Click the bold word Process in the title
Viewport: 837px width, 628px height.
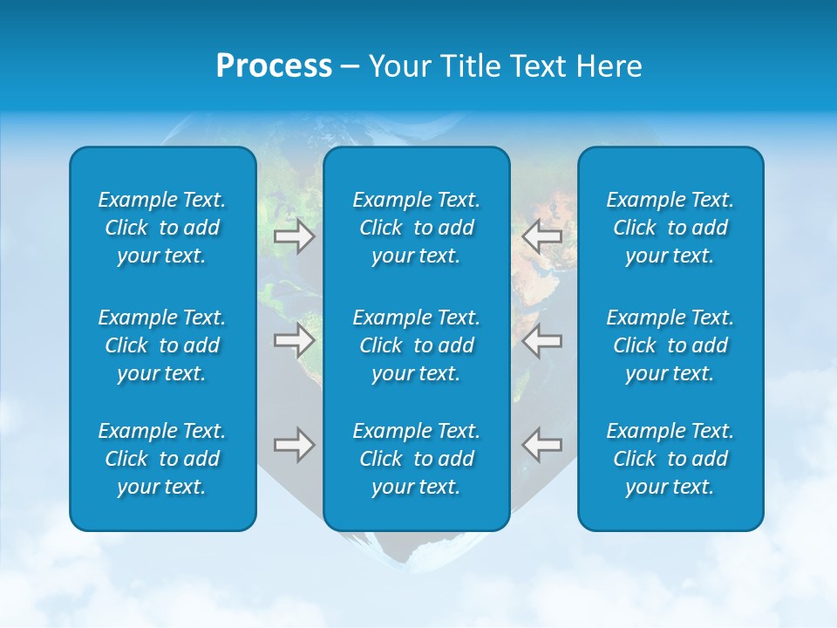(x=274, y=66)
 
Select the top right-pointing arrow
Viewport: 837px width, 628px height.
(x=294, y=236)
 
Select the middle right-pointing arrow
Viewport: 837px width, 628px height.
(x=294, y=340)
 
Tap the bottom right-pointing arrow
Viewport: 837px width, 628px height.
(x=294, y=445)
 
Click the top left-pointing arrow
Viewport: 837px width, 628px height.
(x=541, y=236)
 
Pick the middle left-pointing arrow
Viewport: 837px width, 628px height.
(x=541, y=340)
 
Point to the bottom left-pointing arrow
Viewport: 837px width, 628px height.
(x=541, y=445)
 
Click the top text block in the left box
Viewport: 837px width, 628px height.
(x=162, y=228)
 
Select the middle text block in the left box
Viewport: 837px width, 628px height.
(x=162, y=345)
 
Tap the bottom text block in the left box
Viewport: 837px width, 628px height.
(x=162, y=459)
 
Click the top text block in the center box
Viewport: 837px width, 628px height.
(x=416, y=228)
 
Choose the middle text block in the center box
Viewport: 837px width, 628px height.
(x=416, y=345)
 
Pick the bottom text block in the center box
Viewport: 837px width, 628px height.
(x=416, y=459)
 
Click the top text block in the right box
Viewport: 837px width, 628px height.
(x=670, y=228)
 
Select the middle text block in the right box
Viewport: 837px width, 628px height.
(x=670, y=345)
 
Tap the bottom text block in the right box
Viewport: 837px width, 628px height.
(x=670, y=459)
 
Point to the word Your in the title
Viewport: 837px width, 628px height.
(x=398, y=66)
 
